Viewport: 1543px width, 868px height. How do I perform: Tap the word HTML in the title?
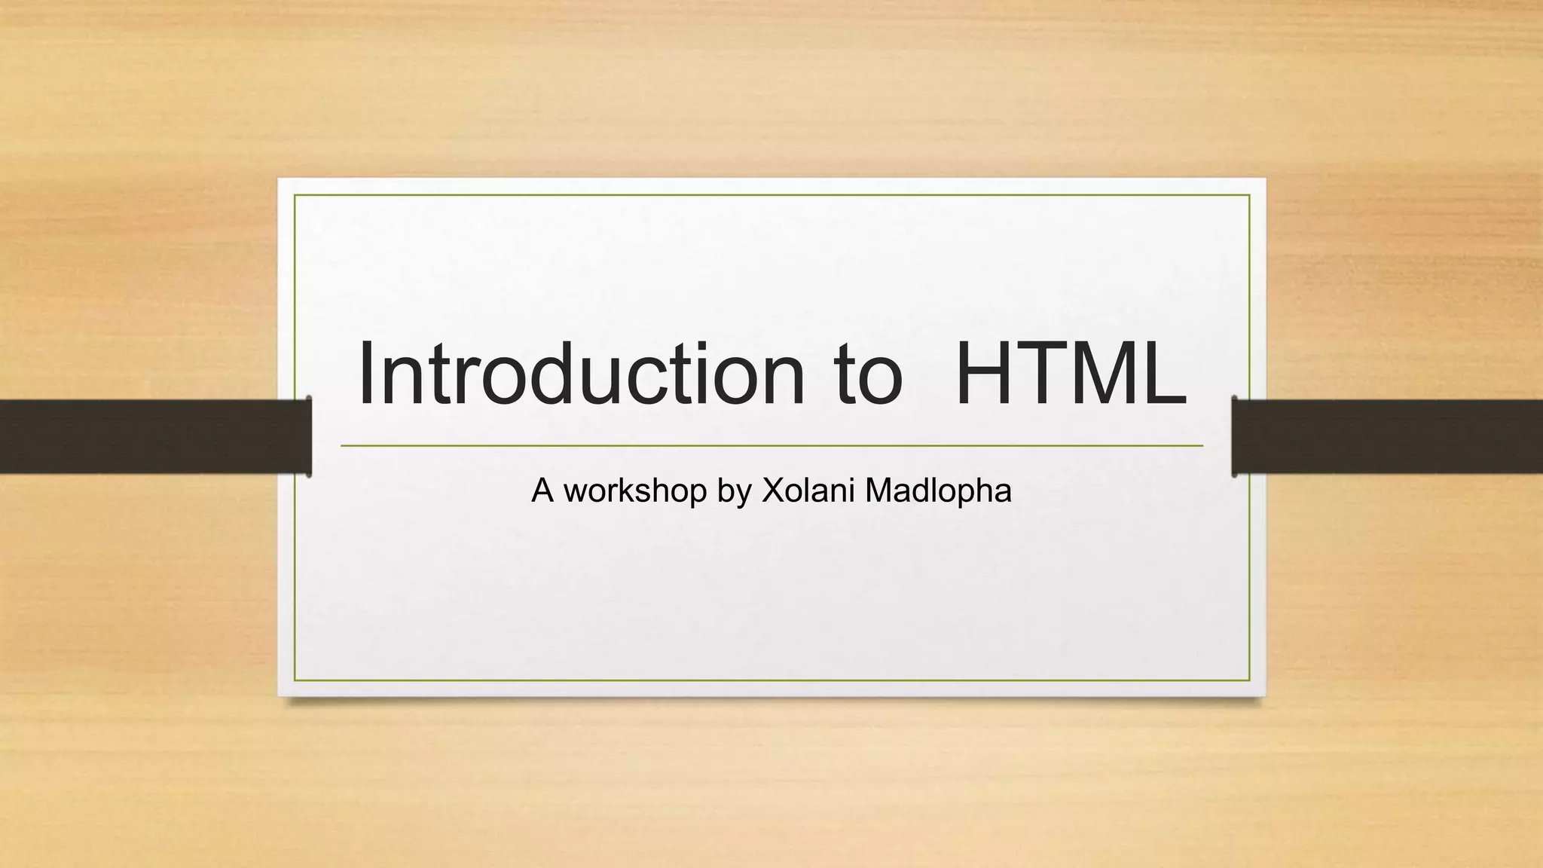click(x=1070, y=374)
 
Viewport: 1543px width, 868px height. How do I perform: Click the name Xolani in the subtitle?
click(x=808, y=491)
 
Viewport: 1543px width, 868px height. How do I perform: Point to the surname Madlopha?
click(x=938, y=491)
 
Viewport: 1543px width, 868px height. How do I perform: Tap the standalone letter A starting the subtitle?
click(x=542, y=491)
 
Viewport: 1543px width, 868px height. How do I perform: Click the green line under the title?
click(x=771, y=446)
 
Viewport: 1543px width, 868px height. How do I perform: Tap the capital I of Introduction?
click(x=368, y=374)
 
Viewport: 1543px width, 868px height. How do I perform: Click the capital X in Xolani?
click(x=774, y=491)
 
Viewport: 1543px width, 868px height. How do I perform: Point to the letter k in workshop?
click(x=640, y=491)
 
